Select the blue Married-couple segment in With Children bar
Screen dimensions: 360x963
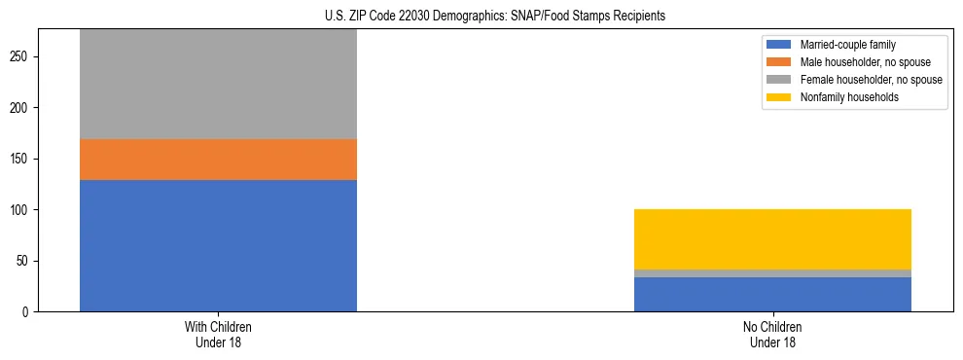218,245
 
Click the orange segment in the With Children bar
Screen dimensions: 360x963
218,160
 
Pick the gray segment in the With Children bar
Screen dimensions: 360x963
218,85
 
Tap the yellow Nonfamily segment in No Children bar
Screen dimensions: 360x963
772,239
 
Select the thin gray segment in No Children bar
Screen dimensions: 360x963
772,273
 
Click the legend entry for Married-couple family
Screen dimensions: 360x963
847,45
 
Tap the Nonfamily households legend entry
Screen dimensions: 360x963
848,97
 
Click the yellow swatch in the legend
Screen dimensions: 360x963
779,97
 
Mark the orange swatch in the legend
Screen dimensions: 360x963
779,62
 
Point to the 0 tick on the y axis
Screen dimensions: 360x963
27,312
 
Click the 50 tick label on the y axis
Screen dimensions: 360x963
24,261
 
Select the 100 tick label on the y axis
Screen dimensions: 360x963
21,210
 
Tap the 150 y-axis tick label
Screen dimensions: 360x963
21,159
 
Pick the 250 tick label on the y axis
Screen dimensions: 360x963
21,56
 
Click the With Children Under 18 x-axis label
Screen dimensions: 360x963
218,334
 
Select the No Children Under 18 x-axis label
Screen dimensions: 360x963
772,334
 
